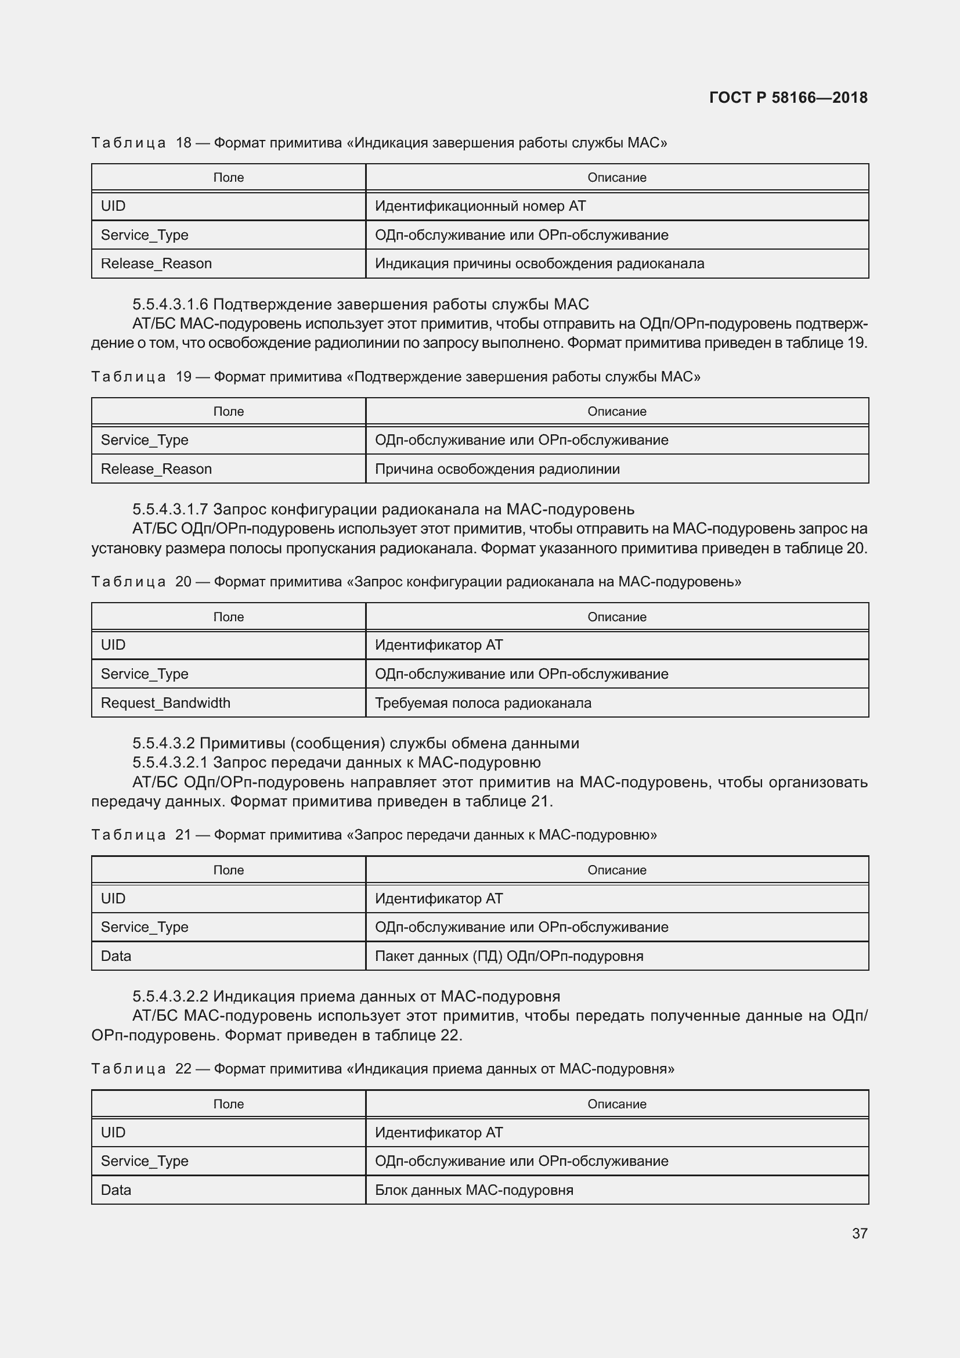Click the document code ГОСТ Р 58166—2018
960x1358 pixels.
tap(788, 98)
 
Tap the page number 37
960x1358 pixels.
tap(860, 1233)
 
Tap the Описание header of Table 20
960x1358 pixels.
tap(616, 617)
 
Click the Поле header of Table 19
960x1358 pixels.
tap(228, 411)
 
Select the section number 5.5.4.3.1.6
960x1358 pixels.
tap(170, 304)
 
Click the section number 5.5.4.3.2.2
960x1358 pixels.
tap(170, 996)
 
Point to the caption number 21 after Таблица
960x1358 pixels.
tap(183, 834)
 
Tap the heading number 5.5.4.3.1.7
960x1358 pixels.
tap(170, 509)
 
